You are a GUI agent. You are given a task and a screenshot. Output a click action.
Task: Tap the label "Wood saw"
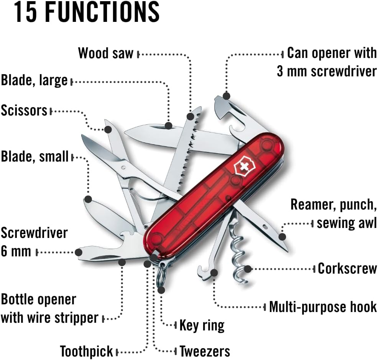coord(106,53)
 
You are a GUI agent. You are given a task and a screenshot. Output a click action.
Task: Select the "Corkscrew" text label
coord(347,268)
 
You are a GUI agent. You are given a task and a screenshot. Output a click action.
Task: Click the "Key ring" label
coord(202,325)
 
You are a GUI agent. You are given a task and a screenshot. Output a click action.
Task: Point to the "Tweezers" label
coord(205,351)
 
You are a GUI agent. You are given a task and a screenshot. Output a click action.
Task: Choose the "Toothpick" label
coord(87,351)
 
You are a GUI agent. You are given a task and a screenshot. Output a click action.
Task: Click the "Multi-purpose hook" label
coord(323,307)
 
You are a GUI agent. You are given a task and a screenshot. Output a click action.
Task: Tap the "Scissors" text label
coord(24,111)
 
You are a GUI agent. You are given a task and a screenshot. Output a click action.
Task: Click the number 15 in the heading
coord(27,12)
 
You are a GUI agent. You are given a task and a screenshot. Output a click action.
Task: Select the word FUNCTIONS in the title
coord(103,12)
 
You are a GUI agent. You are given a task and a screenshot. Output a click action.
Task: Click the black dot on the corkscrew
coord(248,269)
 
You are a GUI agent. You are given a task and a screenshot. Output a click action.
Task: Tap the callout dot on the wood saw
coord(191,116)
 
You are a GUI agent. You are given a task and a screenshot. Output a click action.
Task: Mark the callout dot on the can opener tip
coord(227,96)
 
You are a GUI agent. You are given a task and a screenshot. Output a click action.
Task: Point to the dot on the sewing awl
coord(282,236)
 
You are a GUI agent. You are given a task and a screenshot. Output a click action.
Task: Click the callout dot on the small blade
coord(88,199)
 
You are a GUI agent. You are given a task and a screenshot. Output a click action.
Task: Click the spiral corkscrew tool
coord(238,253)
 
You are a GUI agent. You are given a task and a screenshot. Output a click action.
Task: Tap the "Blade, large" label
coord(34,81)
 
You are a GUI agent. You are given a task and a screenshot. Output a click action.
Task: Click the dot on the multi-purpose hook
coord(214,273)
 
